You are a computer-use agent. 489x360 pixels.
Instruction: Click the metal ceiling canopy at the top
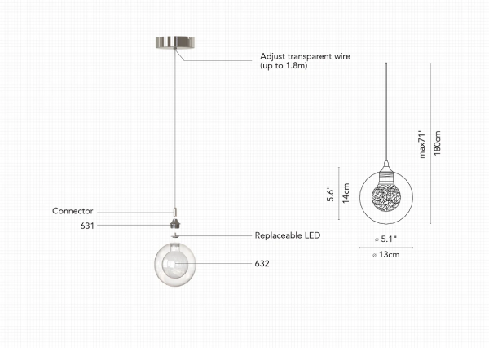click(174, 42)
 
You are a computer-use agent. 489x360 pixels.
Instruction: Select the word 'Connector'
click(73, 211)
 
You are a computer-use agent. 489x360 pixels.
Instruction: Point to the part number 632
click(262, 264)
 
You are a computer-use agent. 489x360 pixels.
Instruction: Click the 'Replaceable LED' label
click(288, 235)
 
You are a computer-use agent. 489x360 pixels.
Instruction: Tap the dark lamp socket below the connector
click(174, 223)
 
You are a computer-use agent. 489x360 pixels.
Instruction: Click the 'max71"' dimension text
click(422, 142)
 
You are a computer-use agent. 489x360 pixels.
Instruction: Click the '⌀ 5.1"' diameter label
click(385, 239)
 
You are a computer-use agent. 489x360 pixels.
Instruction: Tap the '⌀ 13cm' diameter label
click(385, 255)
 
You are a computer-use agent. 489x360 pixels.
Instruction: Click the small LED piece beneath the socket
click(174, 235)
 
